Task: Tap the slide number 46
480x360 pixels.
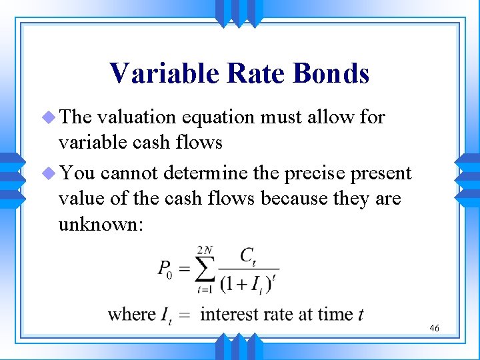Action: [434, 328]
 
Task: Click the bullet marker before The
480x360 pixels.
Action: [49, 118]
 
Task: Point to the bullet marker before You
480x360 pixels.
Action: [49, 174]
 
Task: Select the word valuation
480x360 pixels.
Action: [137, 117]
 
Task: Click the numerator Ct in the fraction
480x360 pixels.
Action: [247, 256]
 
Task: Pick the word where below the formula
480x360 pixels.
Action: [131, 313]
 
